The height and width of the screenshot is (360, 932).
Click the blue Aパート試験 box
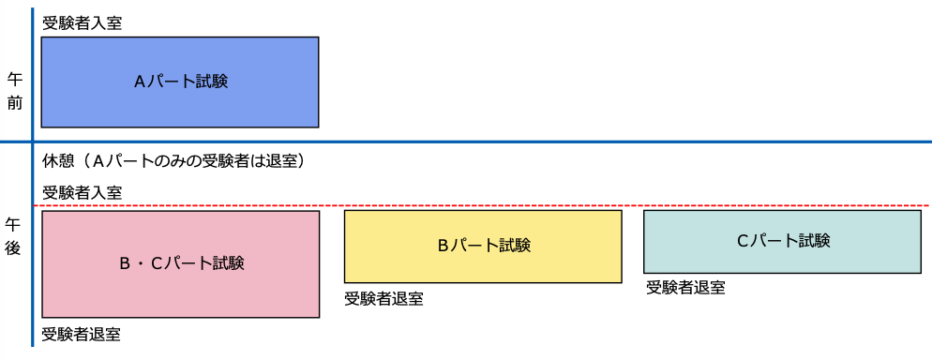180,82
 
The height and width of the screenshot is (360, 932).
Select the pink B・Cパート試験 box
181,263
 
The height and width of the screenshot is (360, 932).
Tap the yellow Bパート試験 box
483,246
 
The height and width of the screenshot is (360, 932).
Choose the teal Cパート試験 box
782,241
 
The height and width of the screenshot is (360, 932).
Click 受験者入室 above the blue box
82,22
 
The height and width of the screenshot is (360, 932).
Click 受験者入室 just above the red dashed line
82,192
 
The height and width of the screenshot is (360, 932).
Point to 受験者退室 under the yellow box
383,299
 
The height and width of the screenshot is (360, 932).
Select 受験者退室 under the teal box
685,288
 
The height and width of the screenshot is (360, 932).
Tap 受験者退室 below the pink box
82,334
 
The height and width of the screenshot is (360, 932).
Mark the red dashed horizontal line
563,205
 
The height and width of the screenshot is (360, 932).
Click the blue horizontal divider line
563,142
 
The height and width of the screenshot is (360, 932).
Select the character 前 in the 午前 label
14,102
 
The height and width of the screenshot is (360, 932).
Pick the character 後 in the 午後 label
14,249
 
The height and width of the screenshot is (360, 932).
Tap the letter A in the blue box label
140,82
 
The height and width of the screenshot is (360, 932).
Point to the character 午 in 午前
14,79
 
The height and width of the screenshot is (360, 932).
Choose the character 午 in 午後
14,225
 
